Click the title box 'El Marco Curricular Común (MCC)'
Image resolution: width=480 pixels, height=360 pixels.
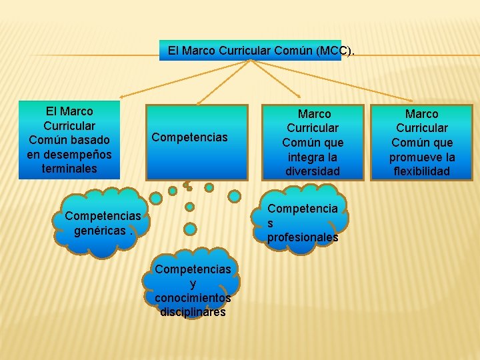[x=250, y=50]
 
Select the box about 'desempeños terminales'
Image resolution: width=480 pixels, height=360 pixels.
[x=69, y=140]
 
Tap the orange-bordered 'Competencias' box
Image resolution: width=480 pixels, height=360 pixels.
[x=197, y=141]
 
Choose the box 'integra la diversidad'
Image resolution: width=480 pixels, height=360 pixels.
[x=313, y=142]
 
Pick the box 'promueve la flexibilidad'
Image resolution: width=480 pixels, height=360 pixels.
[x=421, y=142]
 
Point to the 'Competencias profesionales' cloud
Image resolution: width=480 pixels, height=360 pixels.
[x=303, y=223]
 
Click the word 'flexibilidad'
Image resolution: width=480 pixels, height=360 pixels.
[x=422, y=171]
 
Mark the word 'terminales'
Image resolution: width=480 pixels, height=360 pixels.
[x=69, y=169]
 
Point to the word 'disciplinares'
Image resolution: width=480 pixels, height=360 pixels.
[x=193, y=311]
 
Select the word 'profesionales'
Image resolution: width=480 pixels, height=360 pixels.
[x=303, y=237]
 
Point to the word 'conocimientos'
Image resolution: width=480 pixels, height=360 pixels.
[x=193, y=297]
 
